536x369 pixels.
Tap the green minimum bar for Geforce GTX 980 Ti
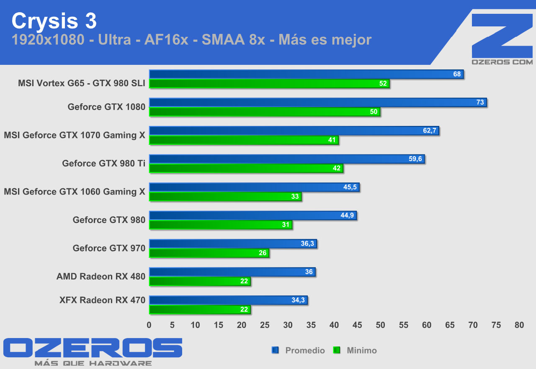point(246,168)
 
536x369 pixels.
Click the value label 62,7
point(430,131)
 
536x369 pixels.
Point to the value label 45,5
point(350,187)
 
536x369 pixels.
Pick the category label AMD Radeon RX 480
point(101,277)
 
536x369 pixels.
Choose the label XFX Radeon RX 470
point(103,300)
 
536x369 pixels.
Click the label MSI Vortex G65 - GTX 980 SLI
point(82,83)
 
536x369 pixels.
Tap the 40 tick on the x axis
point(334,325)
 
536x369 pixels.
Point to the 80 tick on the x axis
point(519,325)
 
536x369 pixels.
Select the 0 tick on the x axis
point(149,325)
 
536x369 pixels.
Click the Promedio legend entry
point(304,351)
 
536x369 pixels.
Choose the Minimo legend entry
point(361,351)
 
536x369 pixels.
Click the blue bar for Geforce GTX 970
point(233,243)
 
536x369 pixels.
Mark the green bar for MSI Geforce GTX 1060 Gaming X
point(225,197)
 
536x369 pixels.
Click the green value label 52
point(383,84)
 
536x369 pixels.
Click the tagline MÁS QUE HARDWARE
point(93,363)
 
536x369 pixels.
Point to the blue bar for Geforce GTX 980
point(253,215)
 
